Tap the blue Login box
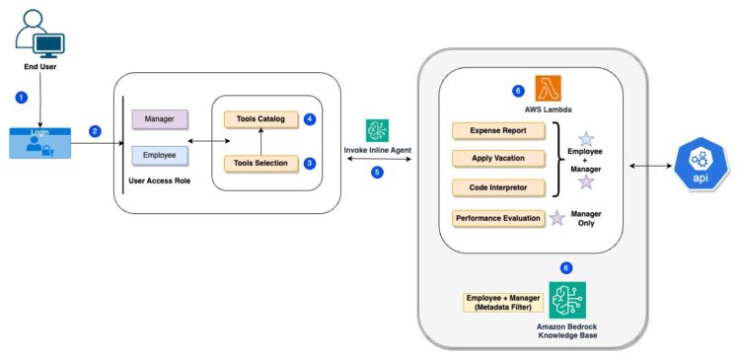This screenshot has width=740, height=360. pyautogui.click(x=40, y=144)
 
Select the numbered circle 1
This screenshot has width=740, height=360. pyautogui.click(x=21, y=98)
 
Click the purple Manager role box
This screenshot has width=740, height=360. pyautogui.click(x=161, y=119)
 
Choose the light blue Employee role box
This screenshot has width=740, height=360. pyautogui.click(x=161, y=156)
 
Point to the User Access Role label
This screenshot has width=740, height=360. pyautogui.click(x=161, y=182)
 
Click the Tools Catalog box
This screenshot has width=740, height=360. pyautogui.click(x=260, y=119)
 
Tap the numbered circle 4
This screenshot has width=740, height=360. pyautogui.click(x=310, y=119)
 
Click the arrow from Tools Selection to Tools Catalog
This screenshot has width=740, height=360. pyautogui.click(x=260, y=141)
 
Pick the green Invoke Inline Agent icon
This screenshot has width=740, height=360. pyautogui.click(x=376, y=130)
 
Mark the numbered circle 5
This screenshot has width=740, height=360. pyautogui.click(x=376, y=173)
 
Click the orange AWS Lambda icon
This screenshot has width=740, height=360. pyautogui.click(x=549, y=88)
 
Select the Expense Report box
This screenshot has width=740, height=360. pyautogui.click(x=497, y=130)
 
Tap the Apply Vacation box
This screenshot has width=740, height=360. pyautogui.click(x=497, y=158)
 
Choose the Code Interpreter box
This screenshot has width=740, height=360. pyautogui.click(x=497, y=186)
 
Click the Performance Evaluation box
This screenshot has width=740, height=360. pyautogui.click(x=497, y=218)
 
